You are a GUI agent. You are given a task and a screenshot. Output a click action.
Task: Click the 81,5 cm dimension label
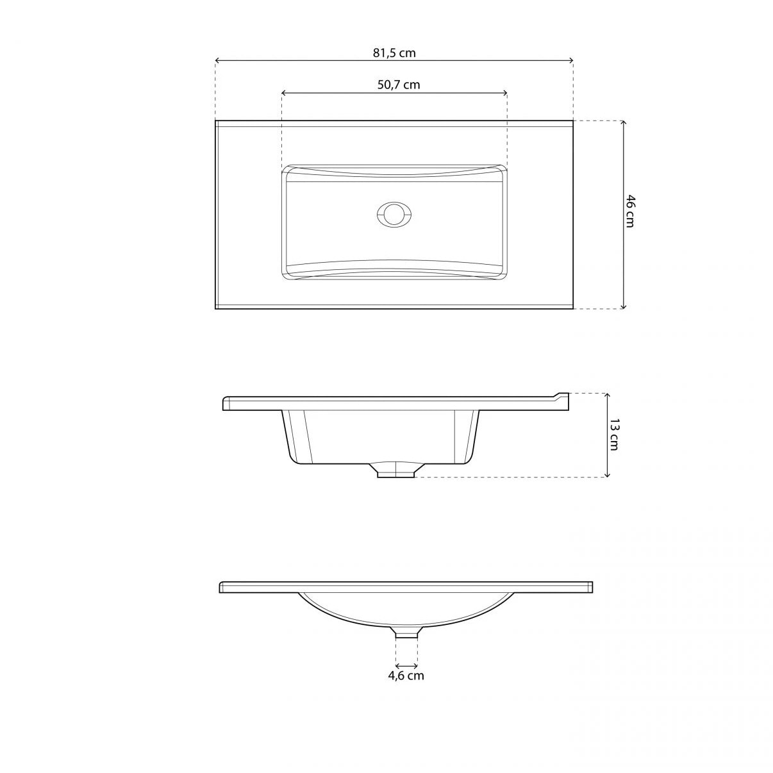(x=394, y=53)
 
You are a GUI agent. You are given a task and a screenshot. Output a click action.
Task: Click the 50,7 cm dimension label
(x=398, y=85)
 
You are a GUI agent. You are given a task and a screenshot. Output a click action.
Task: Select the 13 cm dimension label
(x=613, y=434)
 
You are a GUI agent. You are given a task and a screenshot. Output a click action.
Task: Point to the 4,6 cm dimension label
(x=406, y=676)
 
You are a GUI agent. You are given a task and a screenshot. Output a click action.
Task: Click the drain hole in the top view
(x=393, y=214)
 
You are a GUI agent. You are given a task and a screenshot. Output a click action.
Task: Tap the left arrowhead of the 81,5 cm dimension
(x=218, y=61)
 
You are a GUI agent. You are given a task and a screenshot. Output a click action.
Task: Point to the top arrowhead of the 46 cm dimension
(x=624, y=123)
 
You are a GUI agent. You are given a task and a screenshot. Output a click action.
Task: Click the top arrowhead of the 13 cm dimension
(x=607, y=395)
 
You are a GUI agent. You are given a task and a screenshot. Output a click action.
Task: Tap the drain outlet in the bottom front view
(x=406, y=633)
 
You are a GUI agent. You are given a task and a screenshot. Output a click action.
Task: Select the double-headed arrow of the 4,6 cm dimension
(x=406, y=666)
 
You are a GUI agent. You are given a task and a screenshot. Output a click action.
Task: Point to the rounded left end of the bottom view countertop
(x=222, y=587)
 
